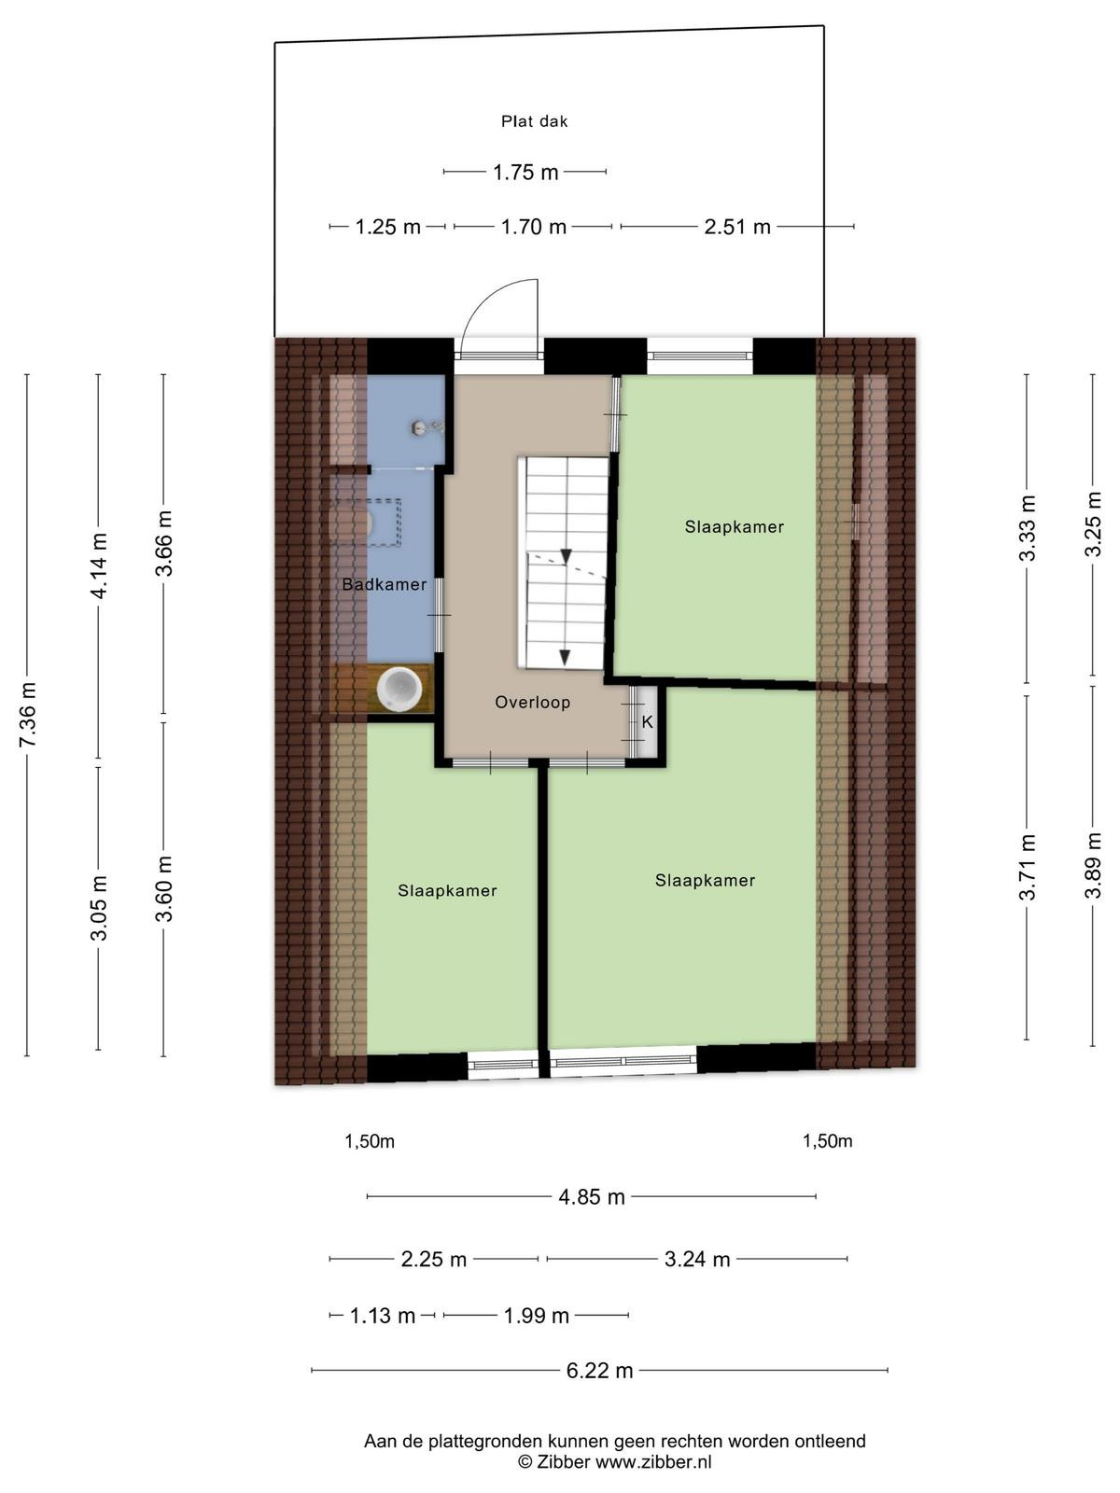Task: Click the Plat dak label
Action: pos(534,121)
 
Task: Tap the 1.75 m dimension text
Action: pos(525,172)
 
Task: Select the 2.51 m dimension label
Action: pos(737,227)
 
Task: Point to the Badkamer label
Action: pos(385,584)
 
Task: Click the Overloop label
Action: pos(532,703)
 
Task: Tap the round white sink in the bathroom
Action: pos(399,687)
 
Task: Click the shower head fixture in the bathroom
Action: pos(427,427)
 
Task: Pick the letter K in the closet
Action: pos(648,722)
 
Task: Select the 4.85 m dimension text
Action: pos(592,1196)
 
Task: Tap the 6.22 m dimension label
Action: pos(600,1370)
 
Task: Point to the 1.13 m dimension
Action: pos(382,1316)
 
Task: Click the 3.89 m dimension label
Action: pos(1092,865)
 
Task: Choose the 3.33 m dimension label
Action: pos(1028,528)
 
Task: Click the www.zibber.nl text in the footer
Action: pos(653,1461)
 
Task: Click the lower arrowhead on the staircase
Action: pos(565,657)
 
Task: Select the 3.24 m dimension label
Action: pos(697,1259)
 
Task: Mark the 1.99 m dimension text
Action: pos(536,1316)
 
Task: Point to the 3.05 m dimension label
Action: pos(99,908)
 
